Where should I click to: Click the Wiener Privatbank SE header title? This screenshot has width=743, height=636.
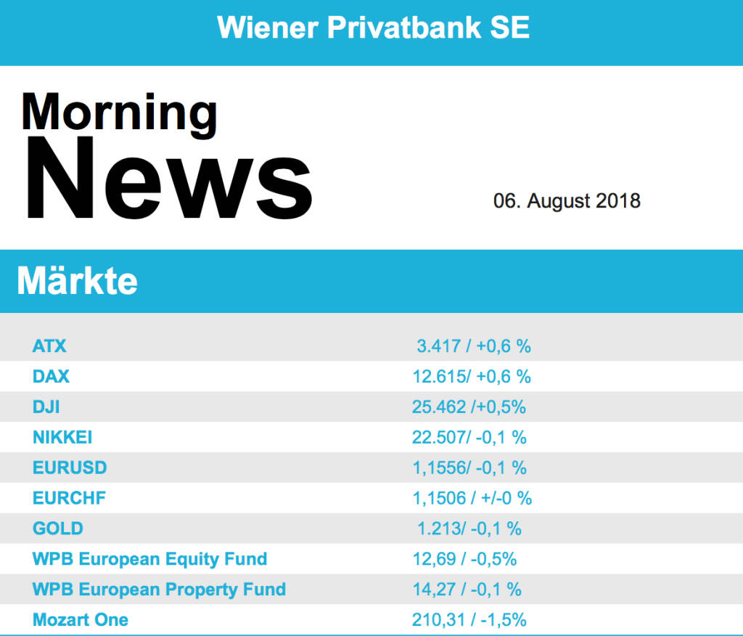tap(373, 28)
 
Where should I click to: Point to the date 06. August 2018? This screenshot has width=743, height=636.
tap(567, 201)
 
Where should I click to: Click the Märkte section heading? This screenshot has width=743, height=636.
tap(77, 281)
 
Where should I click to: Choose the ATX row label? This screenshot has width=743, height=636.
tap(49, 346)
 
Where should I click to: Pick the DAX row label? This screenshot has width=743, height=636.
tap(51, 377)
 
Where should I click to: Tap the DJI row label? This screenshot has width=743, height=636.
tap(46, 407)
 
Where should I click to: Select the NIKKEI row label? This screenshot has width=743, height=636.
tap(62, 438)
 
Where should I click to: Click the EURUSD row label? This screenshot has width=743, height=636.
tap(70, 468)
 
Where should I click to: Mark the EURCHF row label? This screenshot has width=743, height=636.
tap(69, 499)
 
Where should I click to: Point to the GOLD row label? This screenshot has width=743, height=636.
tap(58, 529)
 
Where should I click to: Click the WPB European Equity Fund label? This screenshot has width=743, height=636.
tap(149, 559)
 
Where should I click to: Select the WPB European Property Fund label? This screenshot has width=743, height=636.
tap(159, 590)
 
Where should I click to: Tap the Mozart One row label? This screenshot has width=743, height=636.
tap(81, 620)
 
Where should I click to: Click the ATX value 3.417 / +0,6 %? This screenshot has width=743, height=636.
tap(474, 346)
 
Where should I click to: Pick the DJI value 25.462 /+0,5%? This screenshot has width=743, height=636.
tap(469, 407)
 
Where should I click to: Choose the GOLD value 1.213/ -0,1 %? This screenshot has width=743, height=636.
tap(469, 529)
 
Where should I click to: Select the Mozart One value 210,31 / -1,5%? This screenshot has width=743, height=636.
tap(469, 620)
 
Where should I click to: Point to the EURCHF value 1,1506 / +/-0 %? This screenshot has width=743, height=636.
tap(472, 499)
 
